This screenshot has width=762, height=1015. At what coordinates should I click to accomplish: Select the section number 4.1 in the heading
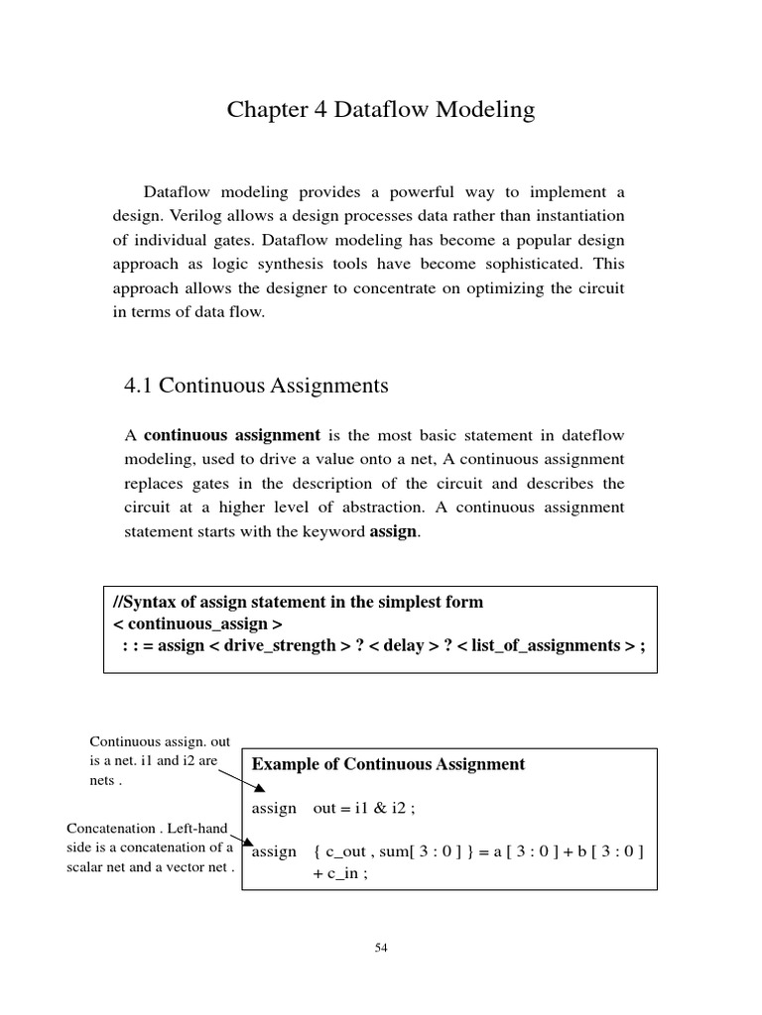[138, 386]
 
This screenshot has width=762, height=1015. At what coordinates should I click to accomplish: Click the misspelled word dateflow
[589, 436]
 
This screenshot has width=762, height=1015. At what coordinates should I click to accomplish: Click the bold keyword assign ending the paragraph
[393, 531]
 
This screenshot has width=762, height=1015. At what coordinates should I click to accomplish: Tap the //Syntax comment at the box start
[148, 603]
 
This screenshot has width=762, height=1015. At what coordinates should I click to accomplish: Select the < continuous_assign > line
[197, 624]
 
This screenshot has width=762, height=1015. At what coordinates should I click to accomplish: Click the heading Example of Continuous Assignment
[388, 764]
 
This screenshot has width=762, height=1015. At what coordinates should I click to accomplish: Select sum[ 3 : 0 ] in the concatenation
[427, 851]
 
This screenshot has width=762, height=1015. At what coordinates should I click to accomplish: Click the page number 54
[381, 948]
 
